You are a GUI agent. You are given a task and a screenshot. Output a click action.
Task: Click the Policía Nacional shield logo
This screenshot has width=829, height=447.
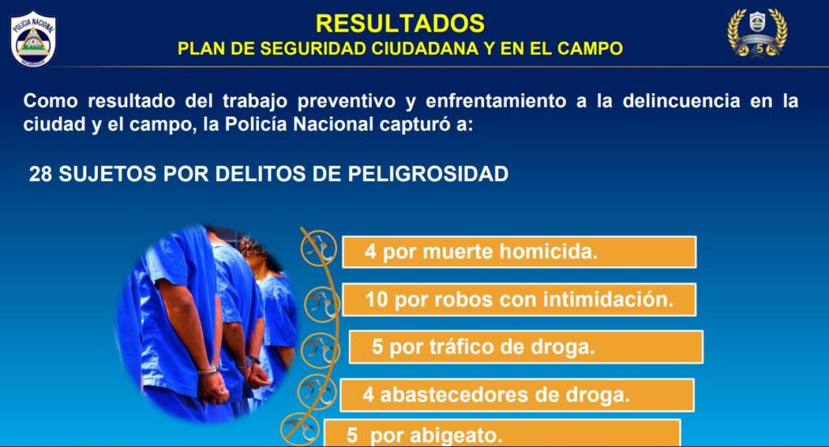[x=33, y=39]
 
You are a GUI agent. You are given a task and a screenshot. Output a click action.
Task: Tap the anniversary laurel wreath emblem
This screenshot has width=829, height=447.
[x=757, y=33]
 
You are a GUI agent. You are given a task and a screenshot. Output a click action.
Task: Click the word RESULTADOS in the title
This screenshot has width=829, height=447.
[x=400, y=23]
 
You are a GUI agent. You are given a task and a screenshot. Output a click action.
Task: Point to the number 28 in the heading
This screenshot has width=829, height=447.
[x=40, y=174]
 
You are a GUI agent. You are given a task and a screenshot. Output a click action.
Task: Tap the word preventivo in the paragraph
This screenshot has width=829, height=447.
[x=346, y=101]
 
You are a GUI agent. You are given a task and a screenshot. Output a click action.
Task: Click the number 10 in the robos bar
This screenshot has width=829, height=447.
[x=377, y=300]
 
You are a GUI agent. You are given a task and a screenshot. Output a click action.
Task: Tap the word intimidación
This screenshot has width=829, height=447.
[x=608, y=300]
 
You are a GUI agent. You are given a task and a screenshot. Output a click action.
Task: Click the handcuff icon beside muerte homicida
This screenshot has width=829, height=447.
[x=319, y=249]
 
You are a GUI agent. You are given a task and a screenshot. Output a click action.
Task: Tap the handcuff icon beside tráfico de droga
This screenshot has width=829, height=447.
[x=321, y=350]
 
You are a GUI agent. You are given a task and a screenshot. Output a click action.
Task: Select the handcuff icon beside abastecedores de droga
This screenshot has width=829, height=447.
[x=317, y=393]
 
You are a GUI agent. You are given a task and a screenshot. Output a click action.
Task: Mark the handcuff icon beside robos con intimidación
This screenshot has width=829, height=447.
[x=322, y=305]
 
